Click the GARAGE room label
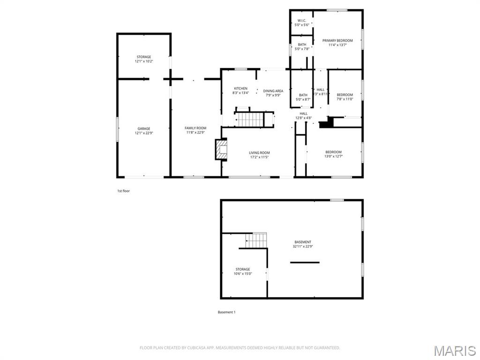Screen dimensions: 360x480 [x=144, y=128]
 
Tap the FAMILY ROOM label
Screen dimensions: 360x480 [x=195, y=128]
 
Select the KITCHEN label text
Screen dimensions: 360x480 [x=241, y=89]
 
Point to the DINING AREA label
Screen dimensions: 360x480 [x=273, y=91]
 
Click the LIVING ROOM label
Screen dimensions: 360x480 [x=259, y=153]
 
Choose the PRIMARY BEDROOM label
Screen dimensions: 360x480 [x=337, y=41]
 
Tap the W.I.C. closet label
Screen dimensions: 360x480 [x=301, y=21]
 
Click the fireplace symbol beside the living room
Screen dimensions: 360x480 [x=221, y=150]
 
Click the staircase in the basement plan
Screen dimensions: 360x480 [x=256, y=240]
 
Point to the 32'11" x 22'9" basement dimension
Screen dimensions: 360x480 [x=303, y=247]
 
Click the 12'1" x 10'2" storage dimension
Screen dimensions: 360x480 [x=144, y=61]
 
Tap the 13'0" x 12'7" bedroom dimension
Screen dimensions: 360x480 [x=334, y=156]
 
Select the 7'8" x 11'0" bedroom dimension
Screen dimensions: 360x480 [x=345, y=99]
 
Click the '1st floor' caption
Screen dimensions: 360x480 [x=123, y=191]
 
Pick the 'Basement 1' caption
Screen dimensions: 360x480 [x=226, y=312]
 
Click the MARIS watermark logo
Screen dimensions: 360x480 [x=454, y=351]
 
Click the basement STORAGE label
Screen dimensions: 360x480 [x=243, y=269]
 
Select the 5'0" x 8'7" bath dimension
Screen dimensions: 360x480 [x=303, y=99]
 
